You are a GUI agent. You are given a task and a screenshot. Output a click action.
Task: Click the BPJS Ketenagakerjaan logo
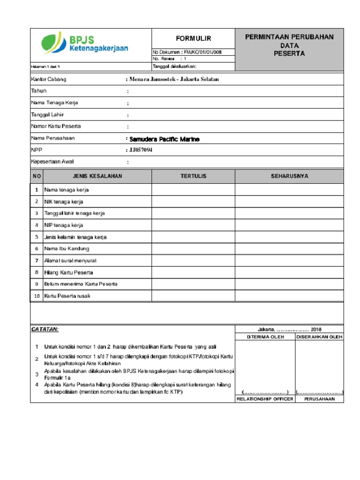[x=85, y=44]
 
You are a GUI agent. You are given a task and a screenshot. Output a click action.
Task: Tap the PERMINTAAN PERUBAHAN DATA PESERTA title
[x=289, y=45]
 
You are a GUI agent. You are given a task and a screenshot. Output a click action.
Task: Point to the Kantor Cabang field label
[x=48, y=79]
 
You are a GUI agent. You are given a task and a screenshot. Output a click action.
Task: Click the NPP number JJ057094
[x=141, y=150]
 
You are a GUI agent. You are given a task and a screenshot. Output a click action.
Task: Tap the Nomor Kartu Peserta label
[x=56, y=127]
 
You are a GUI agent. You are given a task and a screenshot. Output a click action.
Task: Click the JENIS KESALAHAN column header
[x=97, y=176]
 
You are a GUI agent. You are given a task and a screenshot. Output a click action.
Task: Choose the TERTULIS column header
[x=193, y=176]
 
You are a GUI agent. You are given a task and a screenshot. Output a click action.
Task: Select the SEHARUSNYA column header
[x=289, y=176]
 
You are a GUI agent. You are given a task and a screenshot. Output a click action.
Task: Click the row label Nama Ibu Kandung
[x=67, y=248]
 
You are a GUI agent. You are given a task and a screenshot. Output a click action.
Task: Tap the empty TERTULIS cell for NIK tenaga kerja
[x=193, y=202]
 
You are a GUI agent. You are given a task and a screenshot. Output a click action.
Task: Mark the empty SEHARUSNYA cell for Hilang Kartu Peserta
[x=289, y=272]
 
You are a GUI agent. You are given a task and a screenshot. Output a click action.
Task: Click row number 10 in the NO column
[x=37, y=296]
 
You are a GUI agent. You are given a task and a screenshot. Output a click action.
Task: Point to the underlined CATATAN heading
[x=45, y=330]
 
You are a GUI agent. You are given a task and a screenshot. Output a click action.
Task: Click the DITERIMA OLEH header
[x=265, y=337]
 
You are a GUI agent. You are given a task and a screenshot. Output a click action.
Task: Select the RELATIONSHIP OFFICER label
[x=265, y=399]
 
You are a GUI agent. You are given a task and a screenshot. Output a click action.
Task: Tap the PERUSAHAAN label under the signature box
[x=319, y=399]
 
